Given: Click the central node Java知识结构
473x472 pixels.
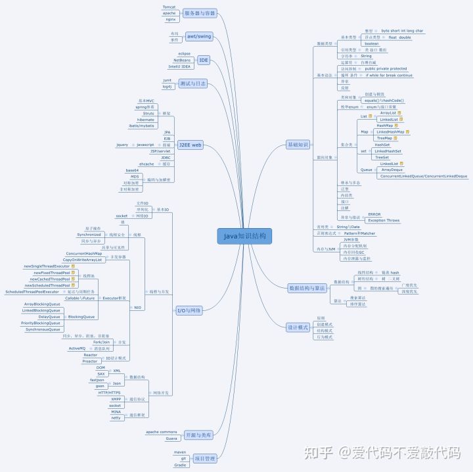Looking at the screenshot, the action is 244,236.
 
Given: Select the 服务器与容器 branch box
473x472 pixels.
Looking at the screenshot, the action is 200,13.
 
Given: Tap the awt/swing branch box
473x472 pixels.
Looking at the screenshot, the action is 198,36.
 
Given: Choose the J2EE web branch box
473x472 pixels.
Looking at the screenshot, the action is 190,145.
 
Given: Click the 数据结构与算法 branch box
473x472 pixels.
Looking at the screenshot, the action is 307,288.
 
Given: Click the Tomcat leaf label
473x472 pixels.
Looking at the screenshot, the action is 169,7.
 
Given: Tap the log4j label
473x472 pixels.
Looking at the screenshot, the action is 167,86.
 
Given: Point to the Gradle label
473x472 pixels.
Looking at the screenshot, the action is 180,465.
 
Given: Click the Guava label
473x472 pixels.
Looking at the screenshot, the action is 171,438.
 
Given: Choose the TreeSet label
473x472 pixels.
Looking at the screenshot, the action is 381,157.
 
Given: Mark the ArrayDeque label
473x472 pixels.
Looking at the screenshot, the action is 392,170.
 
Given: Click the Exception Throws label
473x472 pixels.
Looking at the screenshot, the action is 384,220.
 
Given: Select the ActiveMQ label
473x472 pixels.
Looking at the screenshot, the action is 79,348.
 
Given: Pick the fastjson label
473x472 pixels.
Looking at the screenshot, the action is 97,380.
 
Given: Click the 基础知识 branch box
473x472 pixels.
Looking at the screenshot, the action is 298,145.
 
